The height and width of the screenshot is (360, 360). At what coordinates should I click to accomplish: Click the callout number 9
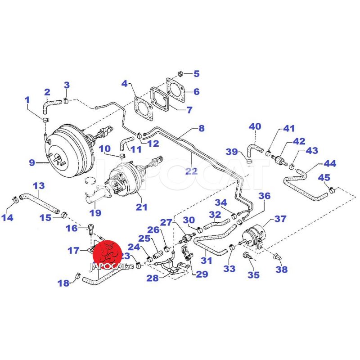31,162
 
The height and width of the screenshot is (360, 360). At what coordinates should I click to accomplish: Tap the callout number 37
280,219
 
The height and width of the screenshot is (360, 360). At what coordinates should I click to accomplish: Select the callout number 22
191,171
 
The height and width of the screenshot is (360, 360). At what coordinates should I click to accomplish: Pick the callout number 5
196,73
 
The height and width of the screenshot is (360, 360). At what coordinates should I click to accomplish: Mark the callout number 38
281,270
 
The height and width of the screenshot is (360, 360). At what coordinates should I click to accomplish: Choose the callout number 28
152,278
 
